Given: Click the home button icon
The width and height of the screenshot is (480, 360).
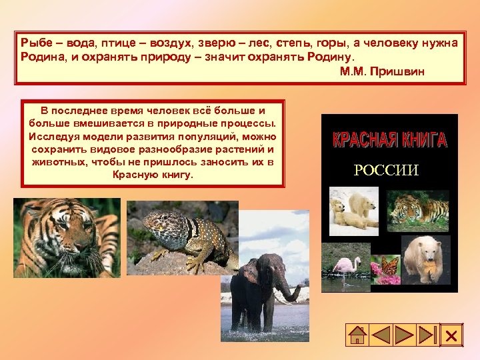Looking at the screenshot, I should (358, 335).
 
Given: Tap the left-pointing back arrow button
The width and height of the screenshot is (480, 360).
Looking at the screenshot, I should (381, 335).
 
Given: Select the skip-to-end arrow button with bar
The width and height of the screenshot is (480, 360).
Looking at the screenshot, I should (427, 335).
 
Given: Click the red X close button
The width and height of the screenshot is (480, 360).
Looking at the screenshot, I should (451, 335).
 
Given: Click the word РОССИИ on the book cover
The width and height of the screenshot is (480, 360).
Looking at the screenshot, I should (386, 170).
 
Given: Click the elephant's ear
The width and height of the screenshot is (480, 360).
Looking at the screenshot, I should (248, 273).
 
